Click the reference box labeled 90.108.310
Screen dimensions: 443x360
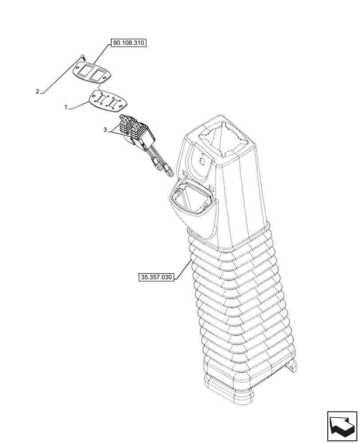point(128,43)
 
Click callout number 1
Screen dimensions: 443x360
point(66,107)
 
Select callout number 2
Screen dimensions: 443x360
point(38,92)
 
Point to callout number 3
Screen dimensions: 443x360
point(105,129)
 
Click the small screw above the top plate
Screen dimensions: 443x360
point(82,56)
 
